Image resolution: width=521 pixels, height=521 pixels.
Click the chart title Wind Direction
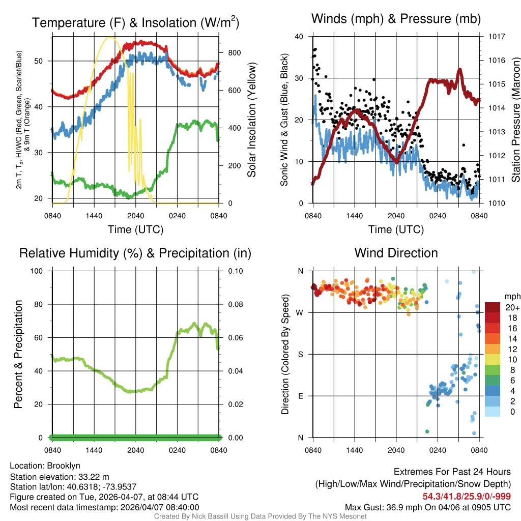point(396,253)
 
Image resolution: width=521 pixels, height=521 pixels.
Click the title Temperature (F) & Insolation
point(135,23)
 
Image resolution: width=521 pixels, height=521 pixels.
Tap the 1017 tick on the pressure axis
point(497,37)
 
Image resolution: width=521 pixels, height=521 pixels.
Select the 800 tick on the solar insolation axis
point(234,53)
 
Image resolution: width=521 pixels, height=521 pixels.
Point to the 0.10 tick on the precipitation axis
point(235,271)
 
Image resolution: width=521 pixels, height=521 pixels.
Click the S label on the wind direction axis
point(300,354)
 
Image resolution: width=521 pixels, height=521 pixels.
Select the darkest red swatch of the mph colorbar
point(492,307)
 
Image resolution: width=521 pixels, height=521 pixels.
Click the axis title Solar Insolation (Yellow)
point(252,120)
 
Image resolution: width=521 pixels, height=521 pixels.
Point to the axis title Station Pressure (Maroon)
point(515,120)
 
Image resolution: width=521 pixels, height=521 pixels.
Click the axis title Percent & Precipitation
point(18,354)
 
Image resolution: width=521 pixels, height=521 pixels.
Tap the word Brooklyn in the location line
point(64,466)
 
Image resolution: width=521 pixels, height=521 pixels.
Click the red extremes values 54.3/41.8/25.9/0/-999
point(467,496)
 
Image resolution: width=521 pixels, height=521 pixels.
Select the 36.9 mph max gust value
point(399,507)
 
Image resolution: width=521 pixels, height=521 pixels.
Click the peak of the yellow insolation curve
point(109,37)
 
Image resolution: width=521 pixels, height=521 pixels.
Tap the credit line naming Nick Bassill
point(260,516)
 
